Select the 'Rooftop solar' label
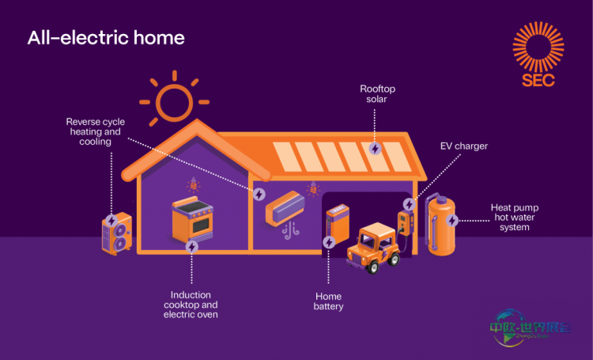(x=377, y=95)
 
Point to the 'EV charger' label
(x=463, y=146)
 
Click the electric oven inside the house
(x=192, y=219)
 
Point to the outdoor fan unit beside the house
(x=116, y=234)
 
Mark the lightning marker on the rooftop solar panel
(x=375, y=148)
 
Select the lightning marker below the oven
(x=191, y=247)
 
